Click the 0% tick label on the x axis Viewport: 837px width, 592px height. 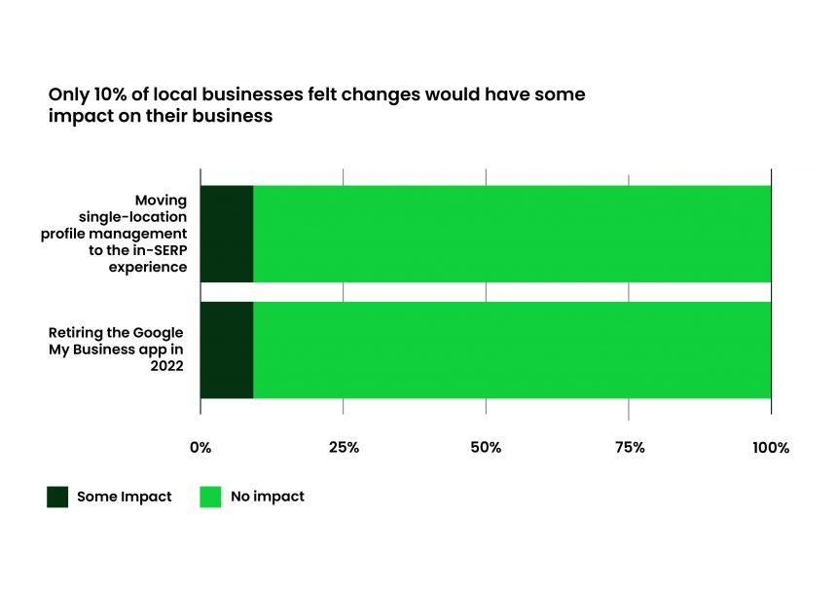pos(200,448)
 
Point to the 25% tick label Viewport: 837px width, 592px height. pos(344,448)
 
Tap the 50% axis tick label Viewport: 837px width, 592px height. pos(486,448)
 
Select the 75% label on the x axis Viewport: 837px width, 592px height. pos(629,448)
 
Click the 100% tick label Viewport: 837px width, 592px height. pos(771,448)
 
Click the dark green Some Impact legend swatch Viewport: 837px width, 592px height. pos(57,497)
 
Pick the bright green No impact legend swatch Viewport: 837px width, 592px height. pos(210,497)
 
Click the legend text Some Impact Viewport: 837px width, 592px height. pos(124,497)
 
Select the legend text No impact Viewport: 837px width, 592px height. pos(268,497)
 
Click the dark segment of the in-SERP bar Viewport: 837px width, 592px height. pos(227,234)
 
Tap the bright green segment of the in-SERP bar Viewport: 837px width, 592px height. pos(512,234)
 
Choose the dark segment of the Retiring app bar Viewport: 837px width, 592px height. pos(227,350)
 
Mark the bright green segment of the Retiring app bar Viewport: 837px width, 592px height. pos(512,350)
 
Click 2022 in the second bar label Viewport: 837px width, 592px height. pos(164,366)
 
